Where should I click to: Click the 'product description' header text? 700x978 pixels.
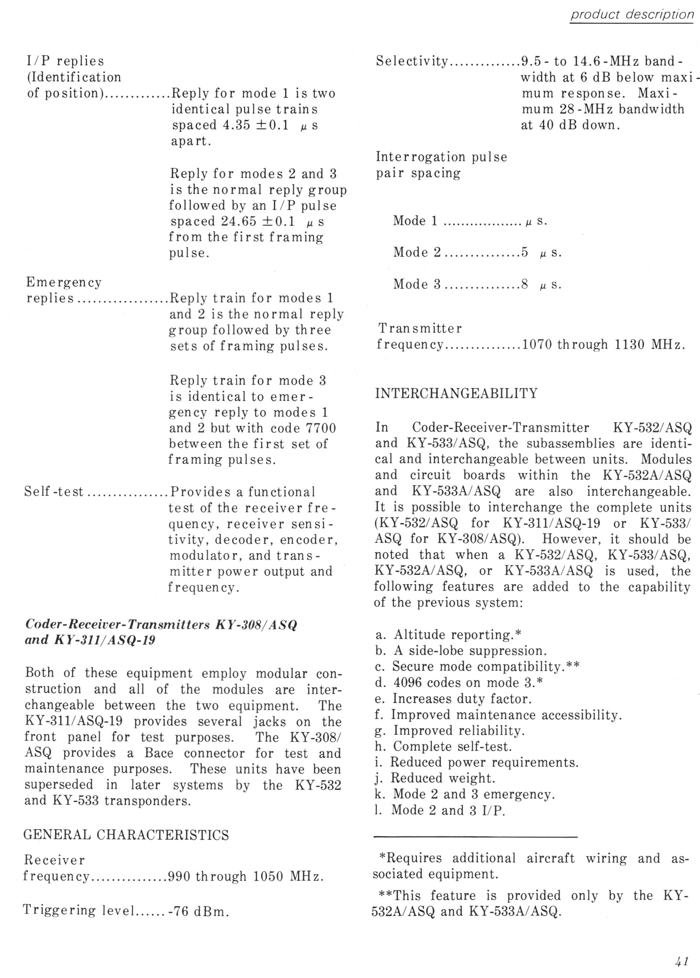tap(632, 15)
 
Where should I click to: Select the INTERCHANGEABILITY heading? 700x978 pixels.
tap(456, 393)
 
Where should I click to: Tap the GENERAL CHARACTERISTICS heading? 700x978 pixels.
tap(126, 835)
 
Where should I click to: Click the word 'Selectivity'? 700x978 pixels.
tap(412, 61)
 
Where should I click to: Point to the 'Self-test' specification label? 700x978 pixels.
tap(54, 492)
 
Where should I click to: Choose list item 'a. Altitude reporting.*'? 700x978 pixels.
tap(447, 634)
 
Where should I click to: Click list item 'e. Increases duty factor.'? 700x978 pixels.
tap(453, 698)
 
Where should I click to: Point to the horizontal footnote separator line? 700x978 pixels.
tap(476, 837)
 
